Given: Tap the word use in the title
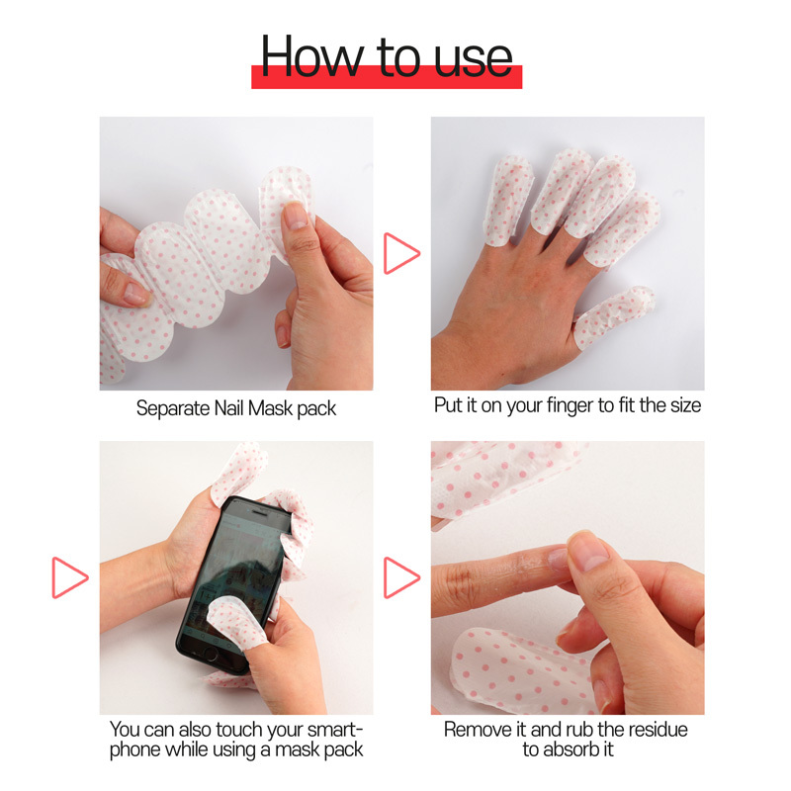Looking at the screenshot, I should pos(476,57).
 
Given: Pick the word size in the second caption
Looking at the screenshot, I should pos(682,406).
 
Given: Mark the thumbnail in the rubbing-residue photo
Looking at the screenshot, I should pos(591,550).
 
